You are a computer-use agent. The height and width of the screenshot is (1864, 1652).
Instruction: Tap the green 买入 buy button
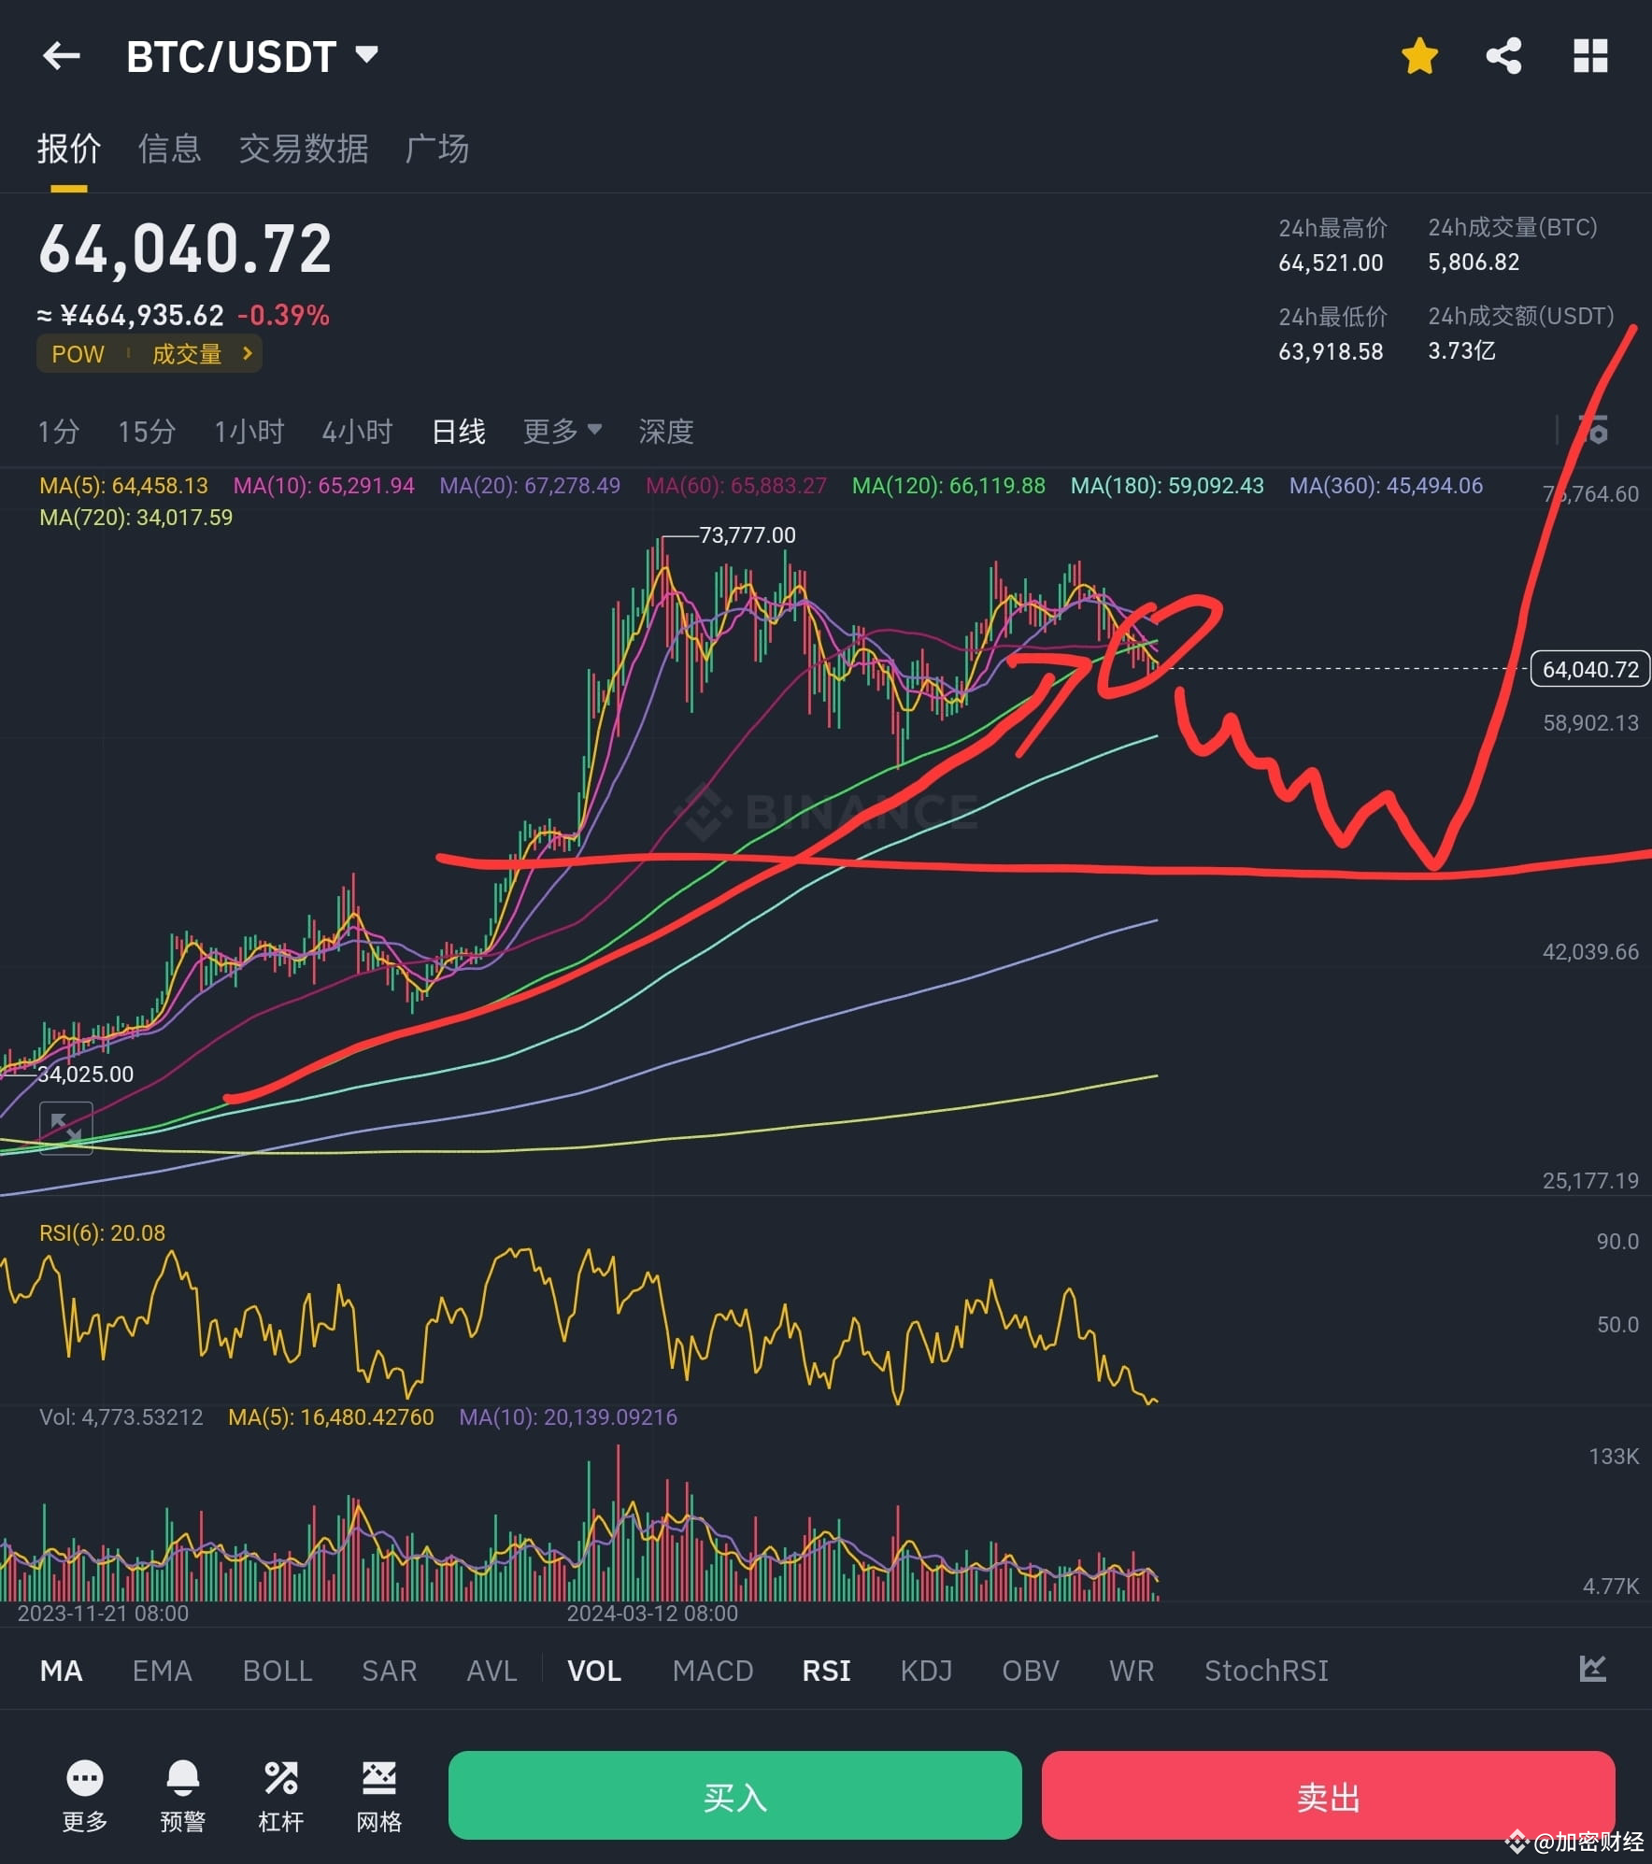pyautogui.click(x=734, y=1795)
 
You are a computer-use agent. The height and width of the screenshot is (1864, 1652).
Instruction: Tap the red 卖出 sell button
pyautogui.click(x=1328, y=1795)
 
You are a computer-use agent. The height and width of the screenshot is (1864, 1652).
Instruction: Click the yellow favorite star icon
pyautogui.click(x=1419, y=56)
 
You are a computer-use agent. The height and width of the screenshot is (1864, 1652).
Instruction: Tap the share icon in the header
pyautogui.click(x=1503, y=56)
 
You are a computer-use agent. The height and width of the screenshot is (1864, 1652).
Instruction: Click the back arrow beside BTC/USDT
pyautogui.click(x=62, y=56)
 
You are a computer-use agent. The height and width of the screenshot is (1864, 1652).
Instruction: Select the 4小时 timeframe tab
pyautogui.click(x=357, y=432)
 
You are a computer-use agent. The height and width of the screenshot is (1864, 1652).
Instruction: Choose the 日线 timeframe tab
pyautogui.click(x=458, y=432)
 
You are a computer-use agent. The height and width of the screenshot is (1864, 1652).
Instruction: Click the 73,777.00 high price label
pyautogui.click(x=747, y=535)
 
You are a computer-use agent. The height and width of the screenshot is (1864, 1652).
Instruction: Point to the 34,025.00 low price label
pyautogui.click(x=85, y=1074)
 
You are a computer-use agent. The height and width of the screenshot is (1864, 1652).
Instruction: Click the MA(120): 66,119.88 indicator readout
pyautogui.click(x=948, y=486)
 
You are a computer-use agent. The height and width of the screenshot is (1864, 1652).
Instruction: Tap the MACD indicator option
pyautogui.click(x=713, y=1671)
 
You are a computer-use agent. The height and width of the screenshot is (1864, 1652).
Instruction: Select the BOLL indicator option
pyautogui.click(x=278, y=1671)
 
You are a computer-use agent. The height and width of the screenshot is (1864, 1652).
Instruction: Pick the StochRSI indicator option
pyautogui.click(x=1266, y=1671)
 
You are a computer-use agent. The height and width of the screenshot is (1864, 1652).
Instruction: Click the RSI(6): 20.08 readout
pyautogui.click(x=102, y=1233)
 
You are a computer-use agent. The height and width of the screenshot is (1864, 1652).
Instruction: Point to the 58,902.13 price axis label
pyautogui.click(x=1590, y=723)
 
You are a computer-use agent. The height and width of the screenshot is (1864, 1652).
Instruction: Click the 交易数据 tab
pyautogui.click(x=304, y=149)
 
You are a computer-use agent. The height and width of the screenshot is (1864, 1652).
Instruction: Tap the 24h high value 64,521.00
pyautogui.click(x=1331, y=263)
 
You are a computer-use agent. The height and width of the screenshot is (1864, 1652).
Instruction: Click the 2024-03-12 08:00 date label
pyautogui.click(x=652, y=1614)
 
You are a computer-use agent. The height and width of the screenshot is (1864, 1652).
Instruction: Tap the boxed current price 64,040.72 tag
pyautogui.click(x=1590, y=670)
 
